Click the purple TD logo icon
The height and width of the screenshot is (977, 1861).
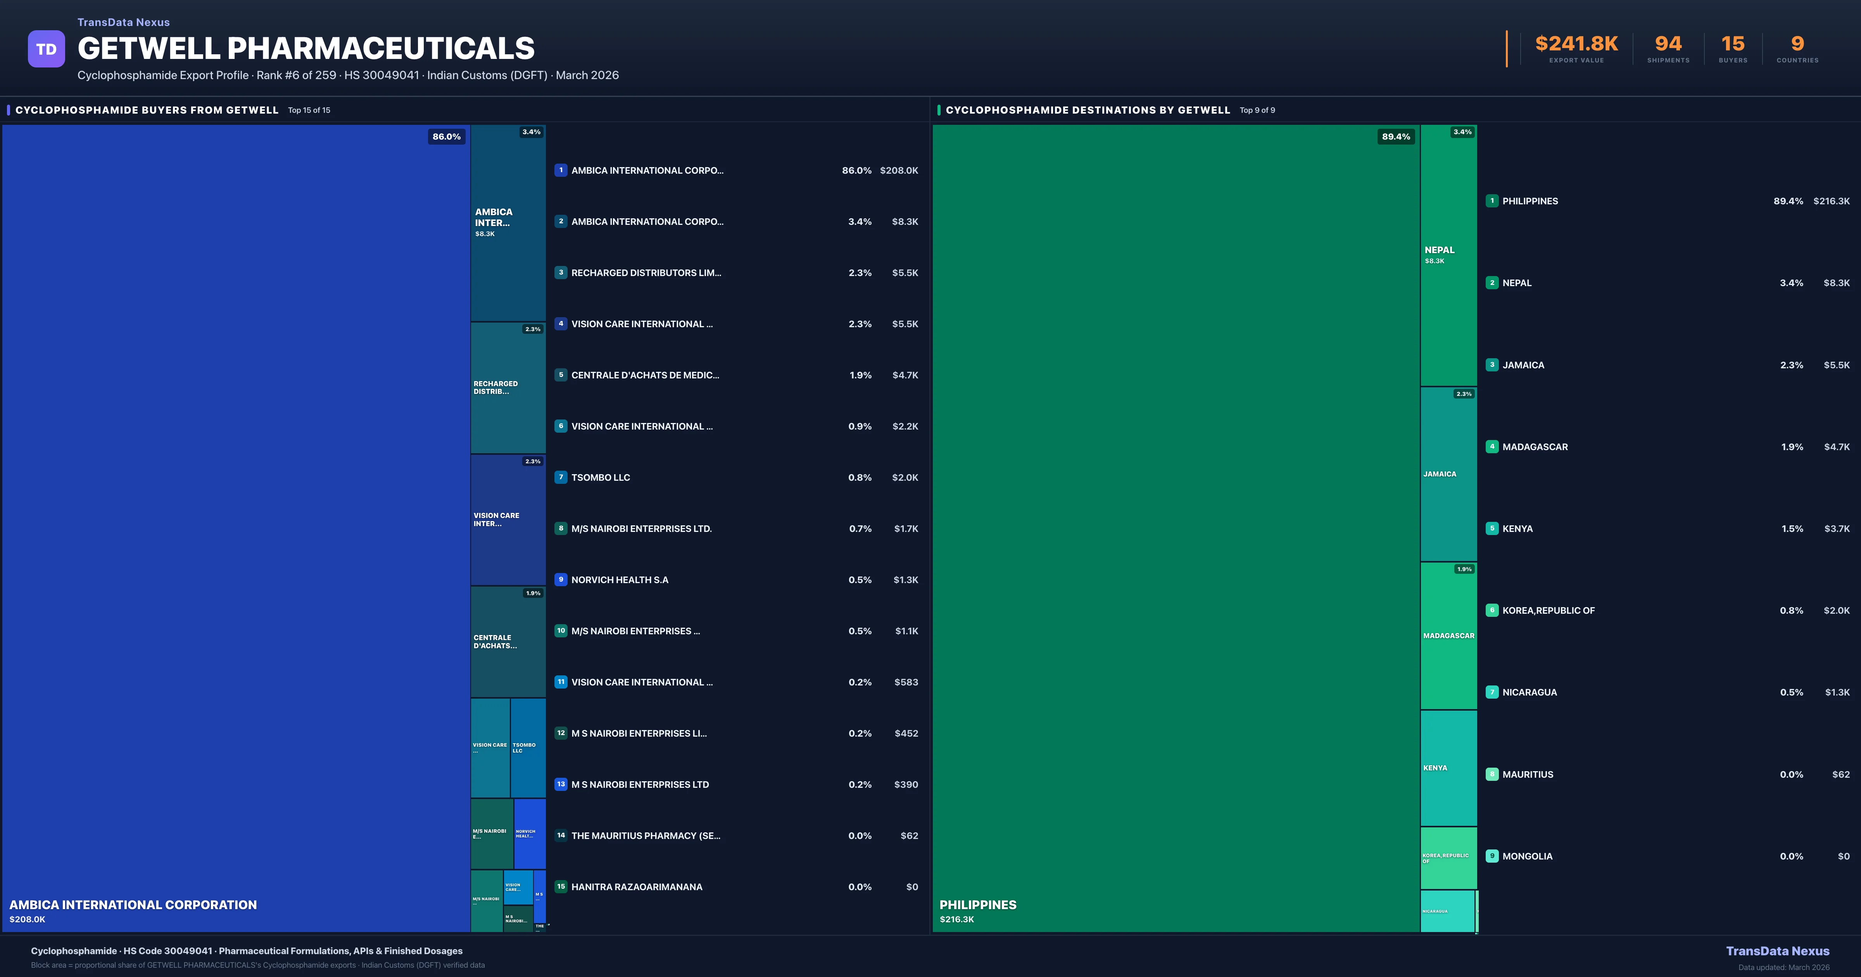pos(46,49)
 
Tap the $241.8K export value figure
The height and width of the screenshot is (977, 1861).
pos(1576,44)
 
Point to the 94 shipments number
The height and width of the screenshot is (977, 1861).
pos(1668,44)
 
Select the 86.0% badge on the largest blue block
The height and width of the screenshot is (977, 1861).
pos(447,136)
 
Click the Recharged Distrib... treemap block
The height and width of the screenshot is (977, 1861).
pos(508,388)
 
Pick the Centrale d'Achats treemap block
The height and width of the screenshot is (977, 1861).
pos(508,642)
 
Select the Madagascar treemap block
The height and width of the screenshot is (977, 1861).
pos(1448,636)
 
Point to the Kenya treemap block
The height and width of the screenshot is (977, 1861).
pos(1448,768)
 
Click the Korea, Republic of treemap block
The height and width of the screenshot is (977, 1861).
pos(1448,858)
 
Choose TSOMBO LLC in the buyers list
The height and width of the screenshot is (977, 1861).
pos(600,478)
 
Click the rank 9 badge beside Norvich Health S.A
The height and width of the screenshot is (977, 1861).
pos(561,580)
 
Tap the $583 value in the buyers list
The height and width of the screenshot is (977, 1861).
pos(906,682)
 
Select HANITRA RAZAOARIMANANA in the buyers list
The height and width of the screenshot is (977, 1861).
pos(637,887)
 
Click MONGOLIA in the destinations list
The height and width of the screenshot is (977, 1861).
pos(1527,856)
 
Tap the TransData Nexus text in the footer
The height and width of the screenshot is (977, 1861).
pos(1777,951)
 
